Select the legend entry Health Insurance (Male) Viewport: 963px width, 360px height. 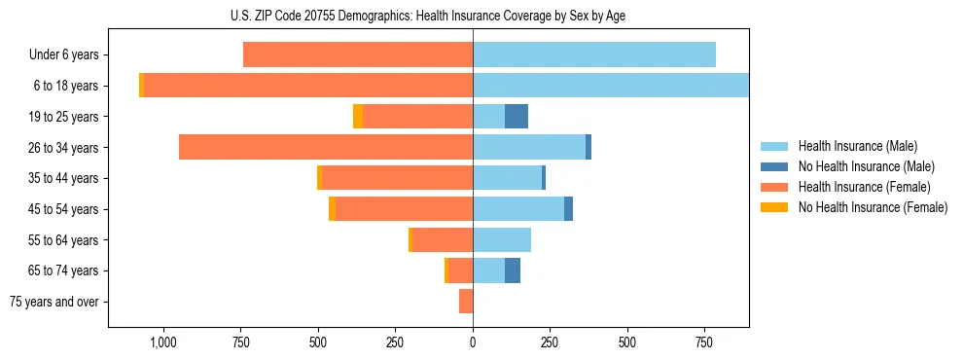857,146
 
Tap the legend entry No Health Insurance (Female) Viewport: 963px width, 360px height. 873,207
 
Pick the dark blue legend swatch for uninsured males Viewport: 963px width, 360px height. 775,166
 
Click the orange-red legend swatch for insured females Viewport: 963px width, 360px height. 775,187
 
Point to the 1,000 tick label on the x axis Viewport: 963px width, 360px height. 162,342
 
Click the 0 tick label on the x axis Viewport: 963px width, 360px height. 473,342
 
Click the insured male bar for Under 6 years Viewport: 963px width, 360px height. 593,54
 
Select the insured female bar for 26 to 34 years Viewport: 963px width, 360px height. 326,147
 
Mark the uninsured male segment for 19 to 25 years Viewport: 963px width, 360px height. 517,117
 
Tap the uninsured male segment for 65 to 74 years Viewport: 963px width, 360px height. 513,270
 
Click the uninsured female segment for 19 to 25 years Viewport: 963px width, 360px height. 358,117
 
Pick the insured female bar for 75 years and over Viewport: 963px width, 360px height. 466,302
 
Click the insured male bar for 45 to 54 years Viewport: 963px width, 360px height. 518,209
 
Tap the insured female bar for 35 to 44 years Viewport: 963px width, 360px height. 398,178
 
